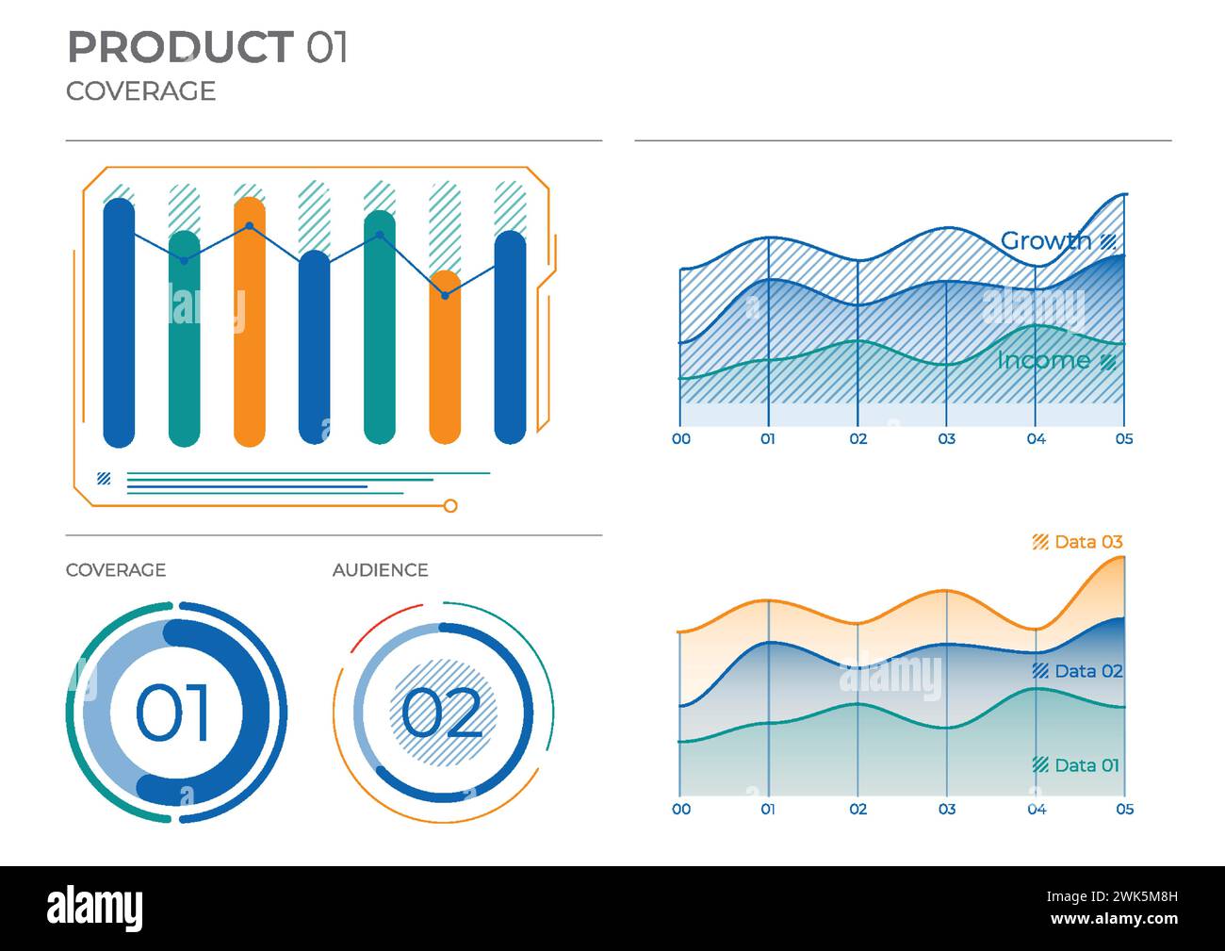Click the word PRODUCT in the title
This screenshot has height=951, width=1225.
(x=180, y=47)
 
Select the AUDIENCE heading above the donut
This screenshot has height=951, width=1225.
(x=380, y=570)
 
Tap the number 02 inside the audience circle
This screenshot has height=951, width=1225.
(x=441, y=713)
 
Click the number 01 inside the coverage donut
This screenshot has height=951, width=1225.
(x=174, y=713)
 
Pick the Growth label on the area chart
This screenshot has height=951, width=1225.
(x=1046, y=241)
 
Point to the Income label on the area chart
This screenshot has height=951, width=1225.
(x=1044, y=360)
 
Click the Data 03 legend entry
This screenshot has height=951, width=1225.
(x=1087, y=542)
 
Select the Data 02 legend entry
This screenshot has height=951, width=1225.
(x=1087, y=671)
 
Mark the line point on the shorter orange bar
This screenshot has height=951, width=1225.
(x=445, y=296)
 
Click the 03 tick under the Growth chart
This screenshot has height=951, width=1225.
(x=946, y=439)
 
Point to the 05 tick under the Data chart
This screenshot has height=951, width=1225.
(x=1124, y=810)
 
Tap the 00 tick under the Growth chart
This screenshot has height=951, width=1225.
(x=680, y=439)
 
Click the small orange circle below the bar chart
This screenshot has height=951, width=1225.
(x=450, y=506)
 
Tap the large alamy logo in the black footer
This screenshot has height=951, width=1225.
(x=95, y=909)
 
